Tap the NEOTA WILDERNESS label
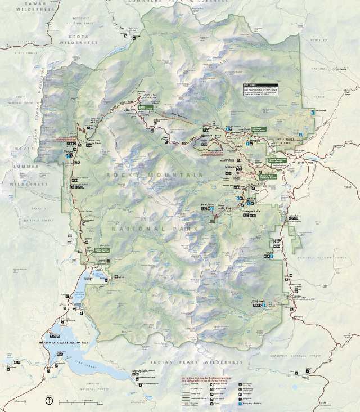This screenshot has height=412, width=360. click(x=79, y=39)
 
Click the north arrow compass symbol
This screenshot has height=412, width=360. click(x=51, y=401)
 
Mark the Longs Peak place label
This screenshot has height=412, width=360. click(x=276, y=242)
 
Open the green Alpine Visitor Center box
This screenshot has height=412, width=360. click(x=145, y=105)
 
